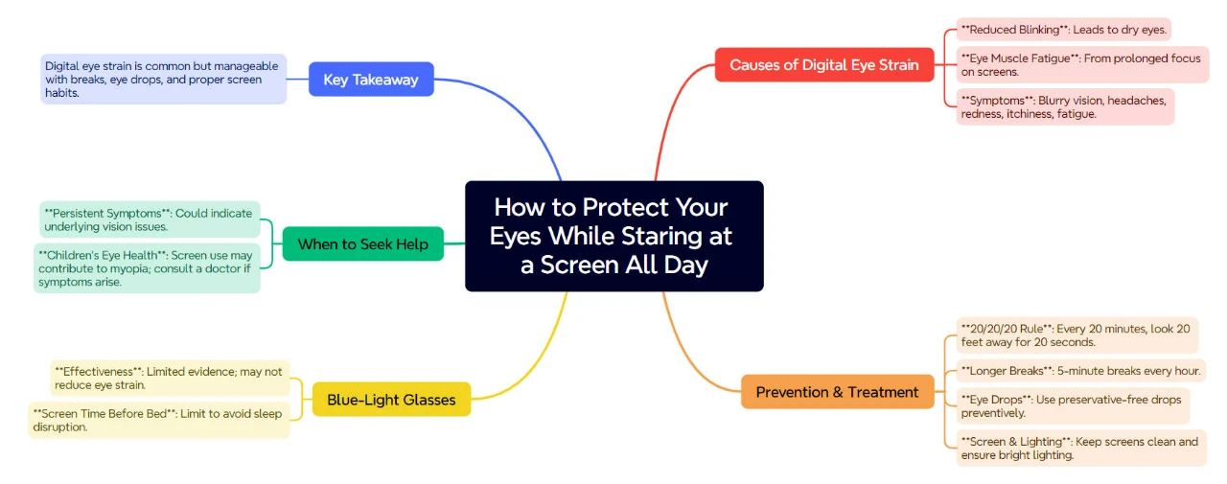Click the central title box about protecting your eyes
(x=614, y=236)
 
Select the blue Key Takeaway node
(x=371, y=80)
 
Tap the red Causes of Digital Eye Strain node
(x=823, y=64)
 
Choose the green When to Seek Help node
(x=363, y=243)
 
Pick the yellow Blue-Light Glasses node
(x=391, y=399)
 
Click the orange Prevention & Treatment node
(x=837, y=391)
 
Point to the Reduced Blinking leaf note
(x=1064, y=30)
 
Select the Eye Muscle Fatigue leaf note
(x=1082, y=64)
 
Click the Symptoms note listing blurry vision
(x=1065, y=106)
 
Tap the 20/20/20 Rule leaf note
(x=1077, y=335)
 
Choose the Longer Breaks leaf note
(x=1080, y=371)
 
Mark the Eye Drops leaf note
(x=1073, y=405)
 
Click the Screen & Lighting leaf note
(x=1081, y=448)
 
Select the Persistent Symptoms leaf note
(x=150, y=219)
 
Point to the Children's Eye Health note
(x=147, y=268)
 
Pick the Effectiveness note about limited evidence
(x=170, y=378)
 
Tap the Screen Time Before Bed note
(x=159, y=420)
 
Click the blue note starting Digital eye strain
(x=163, y=79)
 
